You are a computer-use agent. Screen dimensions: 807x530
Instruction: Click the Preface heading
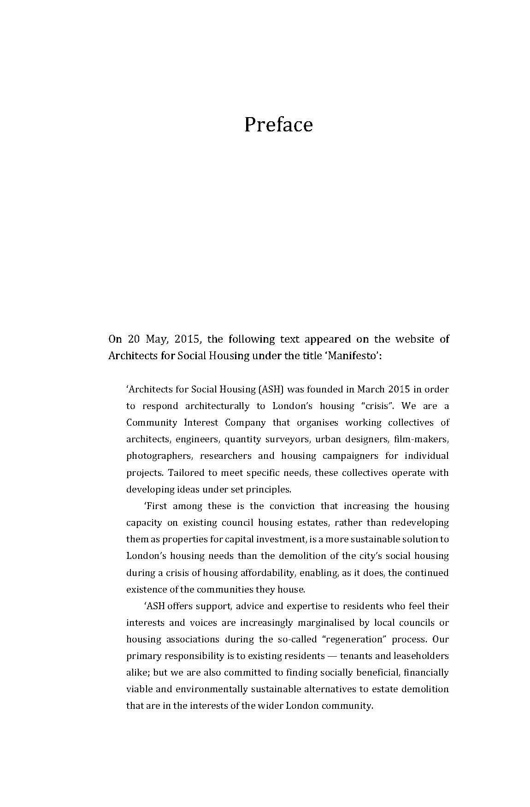click(x=278, y=125)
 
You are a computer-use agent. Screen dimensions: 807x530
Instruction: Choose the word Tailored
click(x=188, y=473)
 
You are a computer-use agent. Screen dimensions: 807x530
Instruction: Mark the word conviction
click(x=292, y=506)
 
